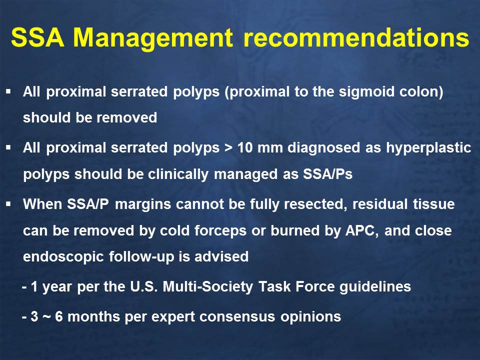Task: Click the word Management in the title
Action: (x=153, y=38)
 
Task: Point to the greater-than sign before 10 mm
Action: (x=228, y=148)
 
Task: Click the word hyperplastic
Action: (x=428, y=148)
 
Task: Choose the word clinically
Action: (x=178, y=175)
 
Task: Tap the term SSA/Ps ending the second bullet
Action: (x=328, y=174)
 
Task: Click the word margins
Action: (x=143, y=204)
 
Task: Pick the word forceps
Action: (x=220, y=231)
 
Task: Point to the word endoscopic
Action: (x=63, y=257)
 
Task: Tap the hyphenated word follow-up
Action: (x=141, y=257)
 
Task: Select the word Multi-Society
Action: (x=208, y=287)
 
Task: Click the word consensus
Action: (x=237, y=317)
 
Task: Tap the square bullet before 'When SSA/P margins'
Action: (x=8, y=203)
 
